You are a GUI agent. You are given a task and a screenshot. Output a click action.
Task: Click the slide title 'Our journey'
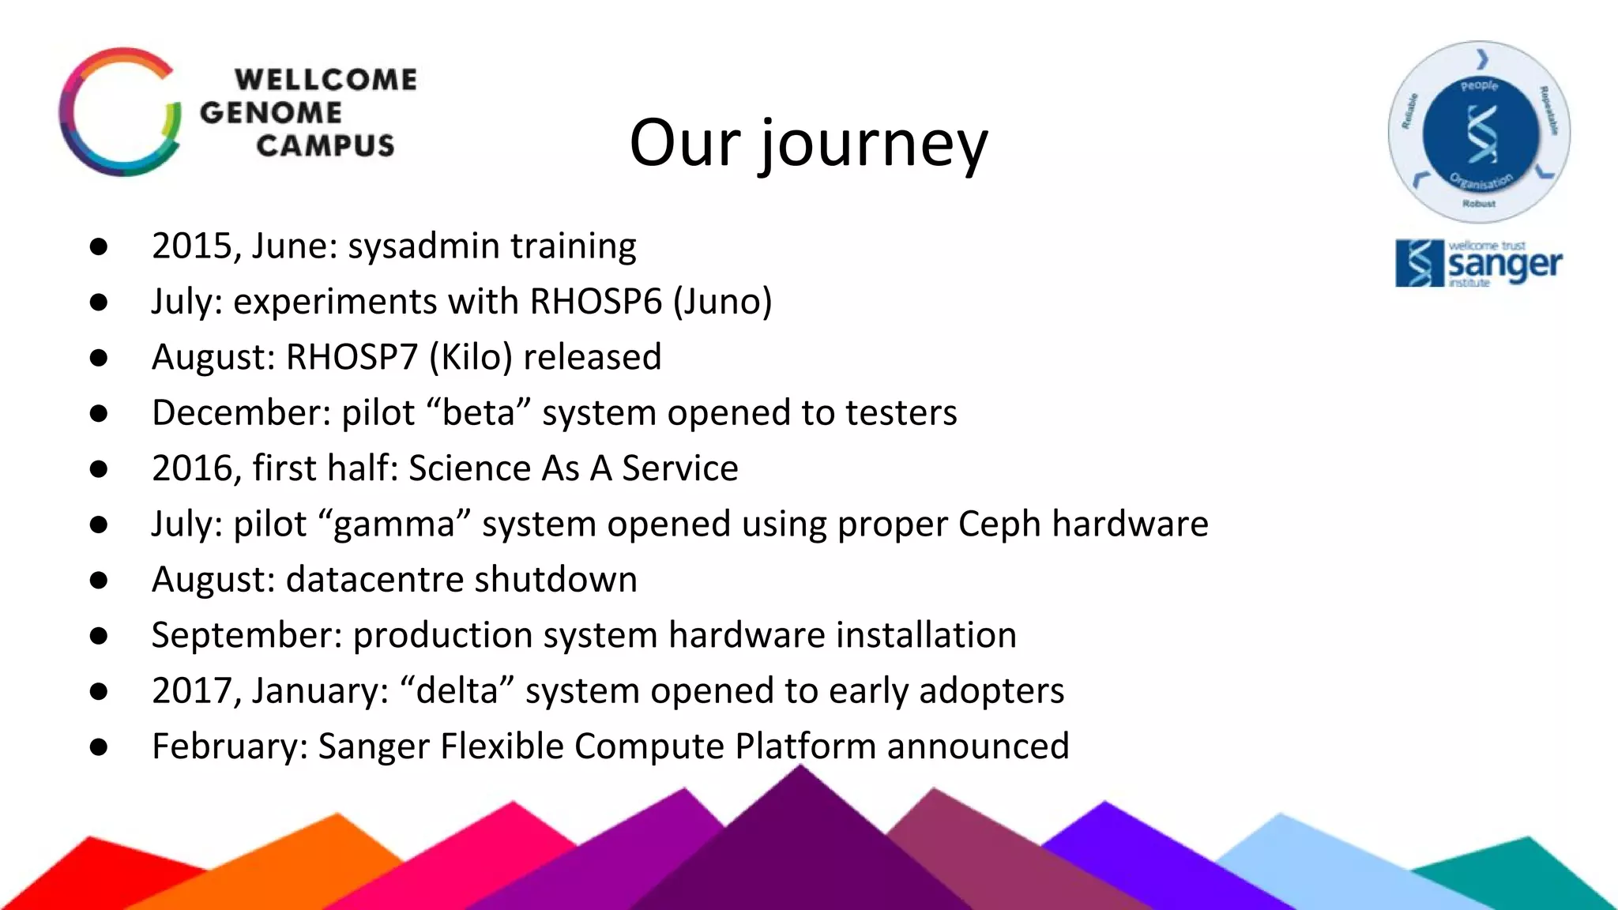[x=808, y=144]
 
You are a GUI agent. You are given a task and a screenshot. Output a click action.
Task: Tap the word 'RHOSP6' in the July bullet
[x=595, y=302]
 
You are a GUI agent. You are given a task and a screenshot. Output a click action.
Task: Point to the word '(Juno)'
[x=722, y=302]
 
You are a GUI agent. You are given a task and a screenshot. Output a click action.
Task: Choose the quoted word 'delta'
[x=457, y=691]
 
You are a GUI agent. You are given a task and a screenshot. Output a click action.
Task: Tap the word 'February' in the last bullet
[x=229, y=746]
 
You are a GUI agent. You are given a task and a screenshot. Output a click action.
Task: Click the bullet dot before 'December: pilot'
[x=99, y=413]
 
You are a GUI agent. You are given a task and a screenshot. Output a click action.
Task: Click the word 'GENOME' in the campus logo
[x=271, y=112]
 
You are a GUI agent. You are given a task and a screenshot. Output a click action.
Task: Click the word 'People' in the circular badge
[x=1479, y=85]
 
